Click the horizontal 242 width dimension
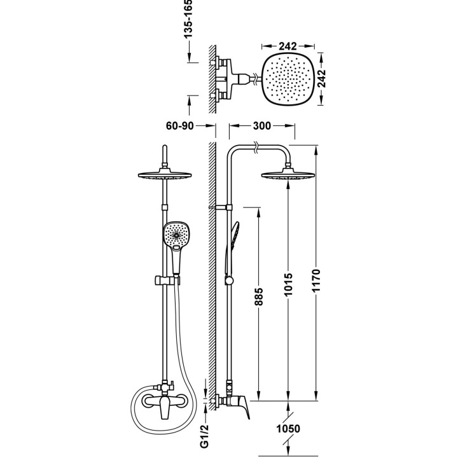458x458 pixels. [289, 46]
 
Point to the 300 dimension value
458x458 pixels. [261, 125]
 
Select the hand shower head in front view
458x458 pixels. [176, 235]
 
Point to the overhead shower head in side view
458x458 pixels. [289, 176]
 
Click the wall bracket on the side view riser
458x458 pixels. [222, 207]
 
